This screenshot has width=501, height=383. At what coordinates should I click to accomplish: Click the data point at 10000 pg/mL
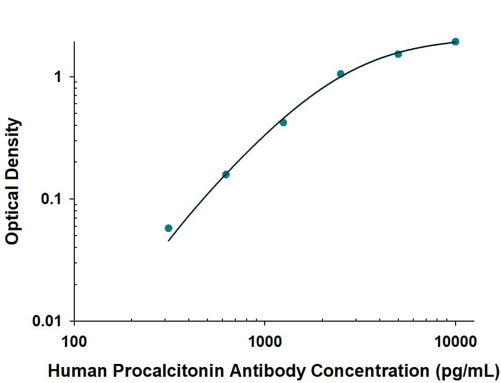coord(455,42)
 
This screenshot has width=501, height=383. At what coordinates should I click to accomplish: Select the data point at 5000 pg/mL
coord(398,54)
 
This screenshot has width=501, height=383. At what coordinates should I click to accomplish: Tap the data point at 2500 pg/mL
coord(341,74)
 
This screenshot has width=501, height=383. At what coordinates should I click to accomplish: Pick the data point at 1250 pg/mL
coord(283,123)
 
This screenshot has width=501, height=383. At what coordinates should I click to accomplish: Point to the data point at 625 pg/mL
coord(225,174)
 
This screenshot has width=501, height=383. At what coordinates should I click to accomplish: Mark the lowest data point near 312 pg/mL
coord(168,228)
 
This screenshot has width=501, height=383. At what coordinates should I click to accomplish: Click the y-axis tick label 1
coord(58,77)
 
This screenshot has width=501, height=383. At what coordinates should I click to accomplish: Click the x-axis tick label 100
coord(74,342)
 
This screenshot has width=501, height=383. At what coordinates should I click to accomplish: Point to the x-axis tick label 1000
coord(265,342)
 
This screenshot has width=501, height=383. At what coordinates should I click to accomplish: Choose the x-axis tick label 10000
coord(455,342)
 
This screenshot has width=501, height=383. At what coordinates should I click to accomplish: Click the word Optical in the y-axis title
coord(12,216)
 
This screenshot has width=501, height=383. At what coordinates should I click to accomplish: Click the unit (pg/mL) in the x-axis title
coord(466,371)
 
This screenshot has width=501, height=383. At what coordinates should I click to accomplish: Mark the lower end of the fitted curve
coord(169,240)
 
